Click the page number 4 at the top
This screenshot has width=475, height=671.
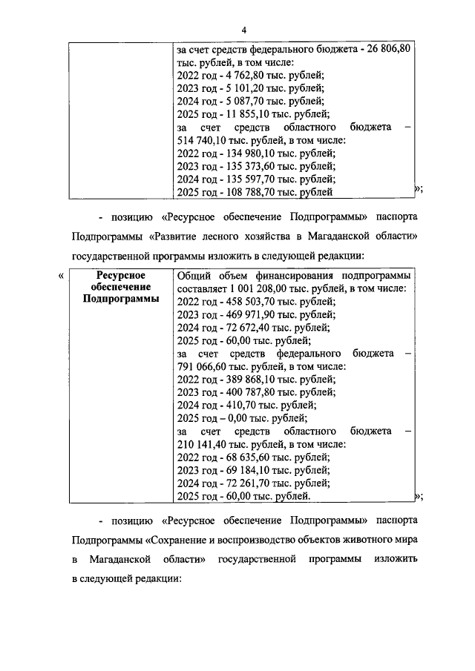(243, 30)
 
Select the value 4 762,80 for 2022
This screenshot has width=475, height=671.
(240, 76)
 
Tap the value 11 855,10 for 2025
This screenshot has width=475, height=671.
(244, 114)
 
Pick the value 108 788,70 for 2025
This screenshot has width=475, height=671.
(249, 192)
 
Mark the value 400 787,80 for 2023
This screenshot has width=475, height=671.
(249, 392)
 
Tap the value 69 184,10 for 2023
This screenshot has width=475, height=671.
(246, 470)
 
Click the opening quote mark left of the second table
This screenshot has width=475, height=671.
(60, 276)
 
